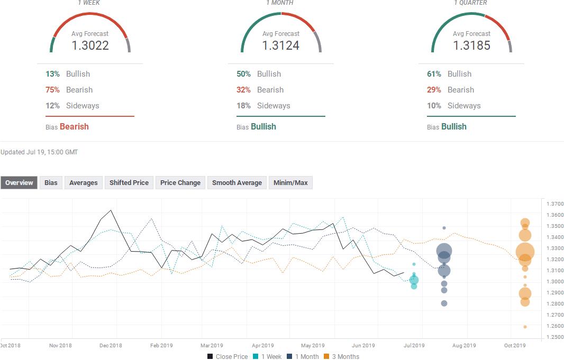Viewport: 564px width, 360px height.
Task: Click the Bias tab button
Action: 51,183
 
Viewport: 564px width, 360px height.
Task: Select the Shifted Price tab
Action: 129,183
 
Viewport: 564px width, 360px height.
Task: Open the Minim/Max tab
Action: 290,183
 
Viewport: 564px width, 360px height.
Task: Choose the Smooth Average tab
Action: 237,183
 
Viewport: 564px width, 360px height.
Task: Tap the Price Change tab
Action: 180,183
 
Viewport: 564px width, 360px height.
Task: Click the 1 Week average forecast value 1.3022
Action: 90,45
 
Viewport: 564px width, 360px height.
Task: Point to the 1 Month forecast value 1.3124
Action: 281,45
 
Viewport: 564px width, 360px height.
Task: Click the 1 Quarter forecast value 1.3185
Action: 471,45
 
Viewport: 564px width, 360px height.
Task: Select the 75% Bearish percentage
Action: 52,90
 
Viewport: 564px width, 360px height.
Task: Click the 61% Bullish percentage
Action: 434,74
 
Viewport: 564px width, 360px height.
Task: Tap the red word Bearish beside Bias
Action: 74,127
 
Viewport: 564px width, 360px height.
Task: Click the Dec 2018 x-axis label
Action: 111,346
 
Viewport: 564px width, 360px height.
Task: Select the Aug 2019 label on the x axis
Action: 464,346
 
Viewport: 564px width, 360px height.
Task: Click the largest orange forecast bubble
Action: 525,252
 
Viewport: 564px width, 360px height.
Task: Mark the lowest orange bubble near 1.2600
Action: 525,327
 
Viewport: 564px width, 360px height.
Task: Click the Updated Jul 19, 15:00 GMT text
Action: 39,152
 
